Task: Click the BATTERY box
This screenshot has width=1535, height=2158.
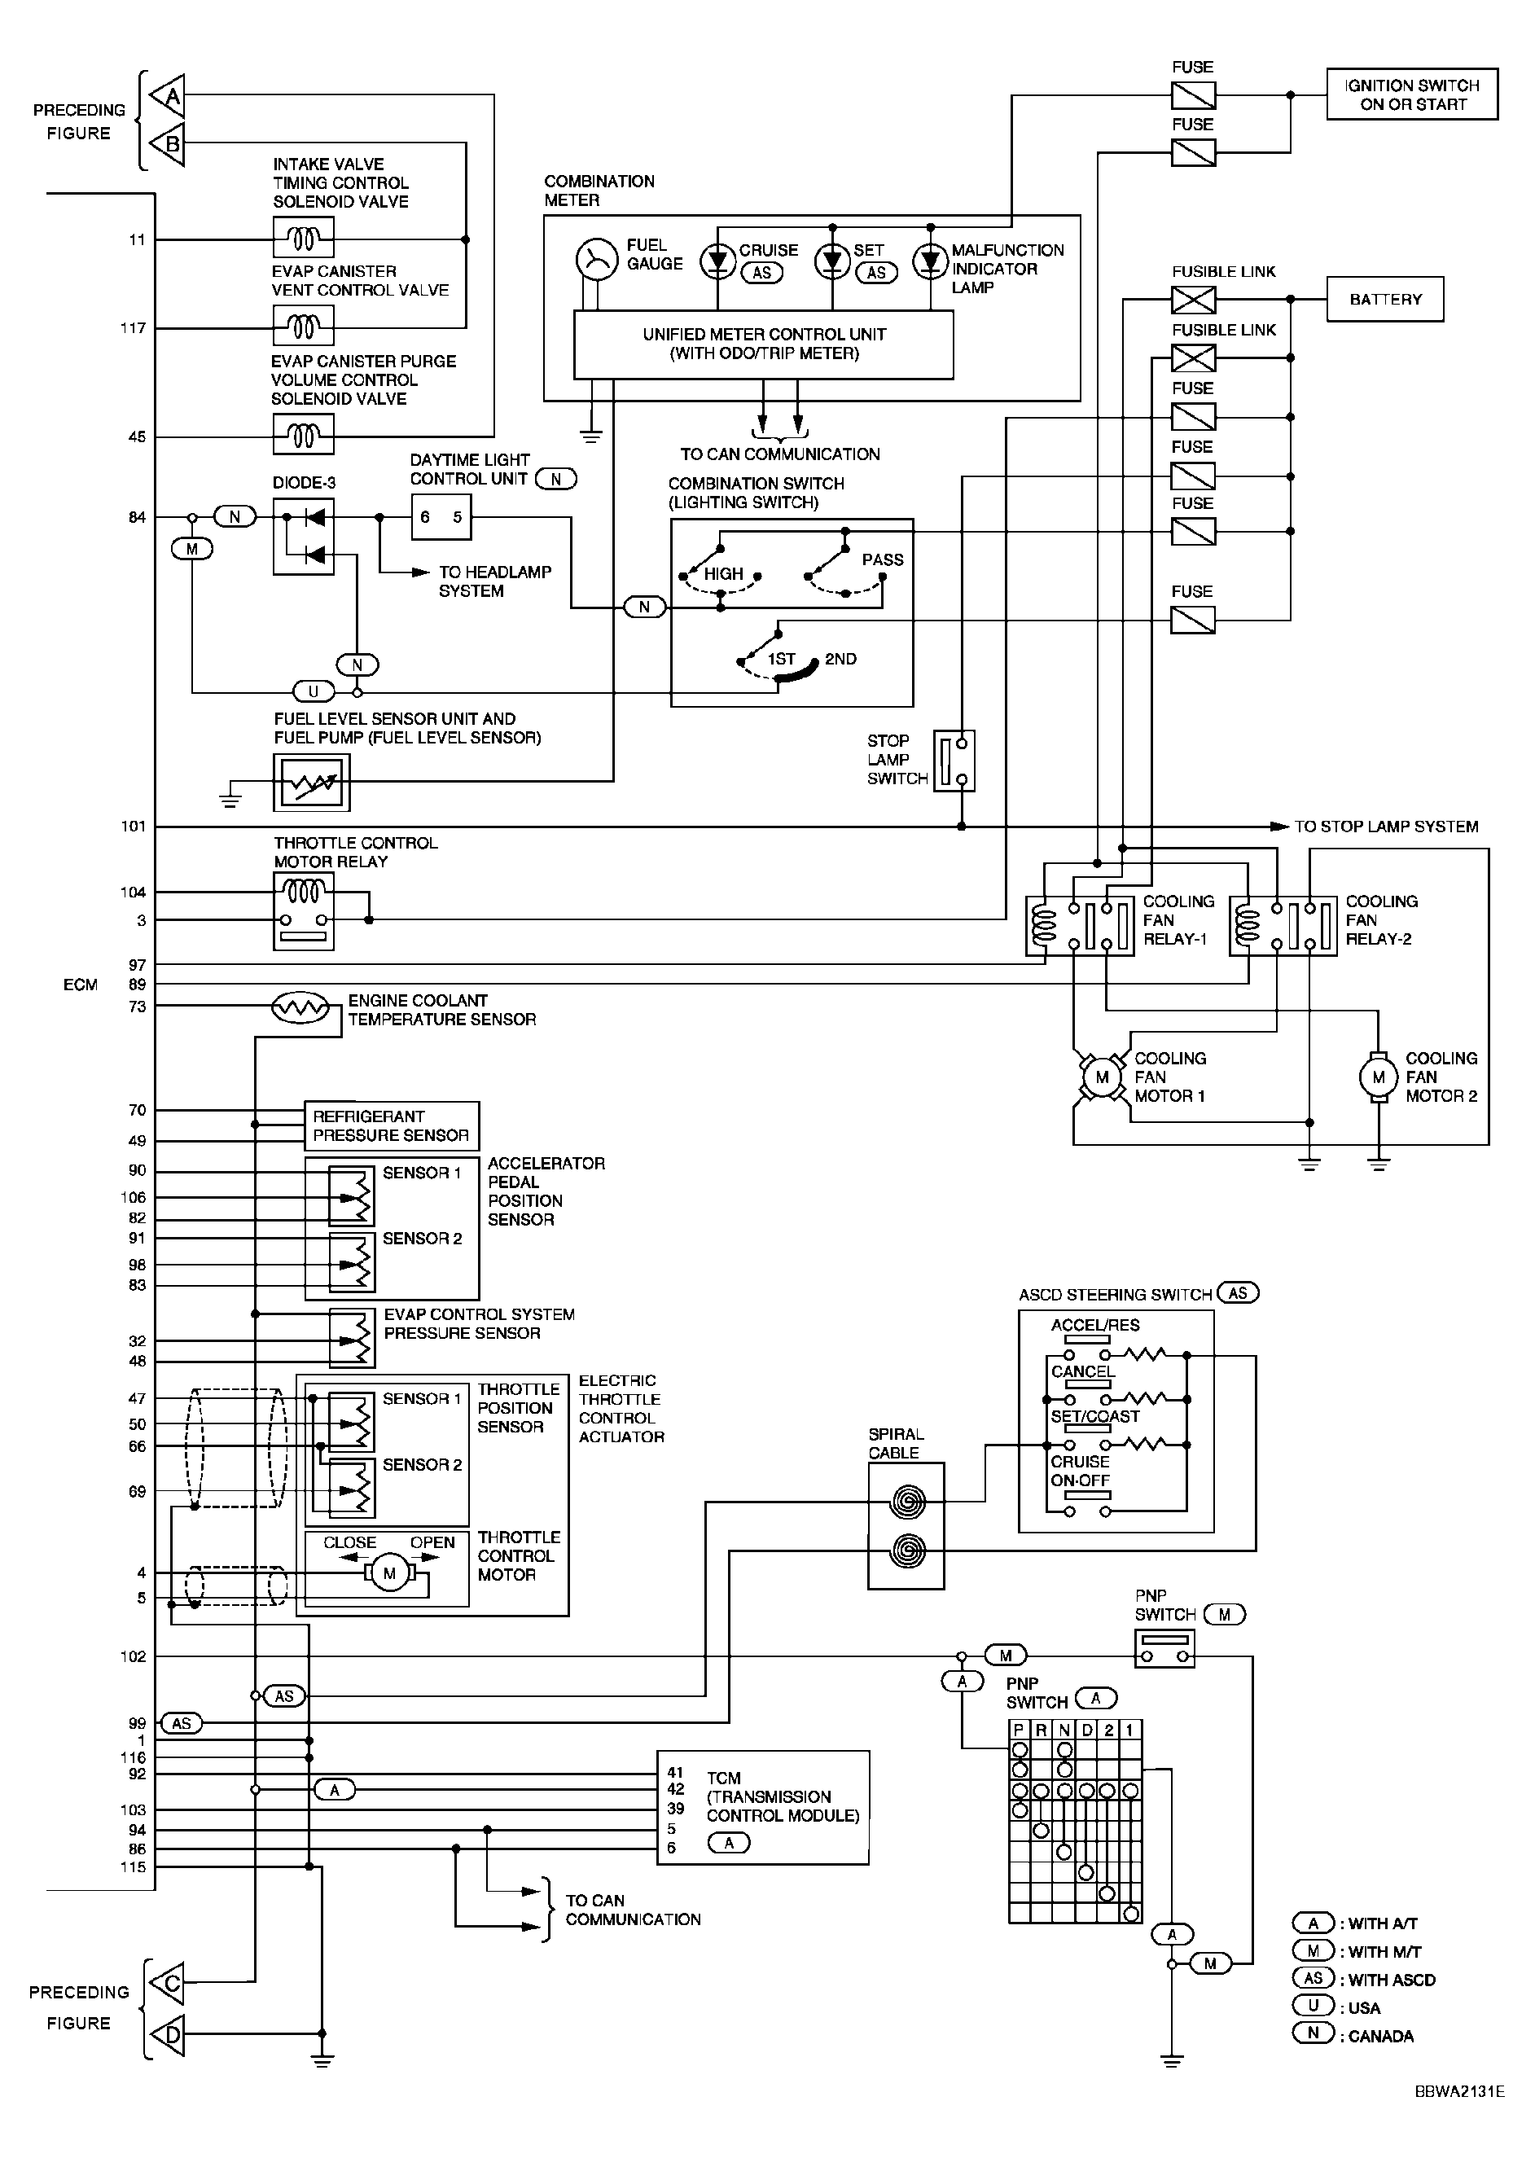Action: point(1384,299)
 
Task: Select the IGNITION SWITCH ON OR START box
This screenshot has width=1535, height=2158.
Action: point(1412,94)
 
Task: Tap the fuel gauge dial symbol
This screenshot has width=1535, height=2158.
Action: point(596,260)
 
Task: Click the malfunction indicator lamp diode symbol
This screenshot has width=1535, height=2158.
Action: point(930,261)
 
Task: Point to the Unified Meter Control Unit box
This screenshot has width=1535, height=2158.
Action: point(764,345)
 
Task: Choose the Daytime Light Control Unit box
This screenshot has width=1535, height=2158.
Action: point(441,517)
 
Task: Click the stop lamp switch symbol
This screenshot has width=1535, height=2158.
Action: point(954,760)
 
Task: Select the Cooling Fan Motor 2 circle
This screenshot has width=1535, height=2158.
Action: point(1378,1077)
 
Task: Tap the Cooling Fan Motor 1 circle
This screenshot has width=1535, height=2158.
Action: point(1101,1077)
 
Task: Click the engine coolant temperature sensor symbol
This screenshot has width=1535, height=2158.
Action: point(300,1009)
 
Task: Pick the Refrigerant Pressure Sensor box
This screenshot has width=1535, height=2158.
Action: point(392,1125)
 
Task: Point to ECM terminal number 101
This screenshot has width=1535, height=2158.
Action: point(134,826)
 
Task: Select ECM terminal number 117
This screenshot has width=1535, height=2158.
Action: point(134,328)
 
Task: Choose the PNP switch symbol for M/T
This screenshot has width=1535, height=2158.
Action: point(1164,1648)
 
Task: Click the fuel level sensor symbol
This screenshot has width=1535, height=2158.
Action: point(311,782)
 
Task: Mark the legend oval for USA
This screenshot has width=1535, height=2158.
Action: point(1313,2006)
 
